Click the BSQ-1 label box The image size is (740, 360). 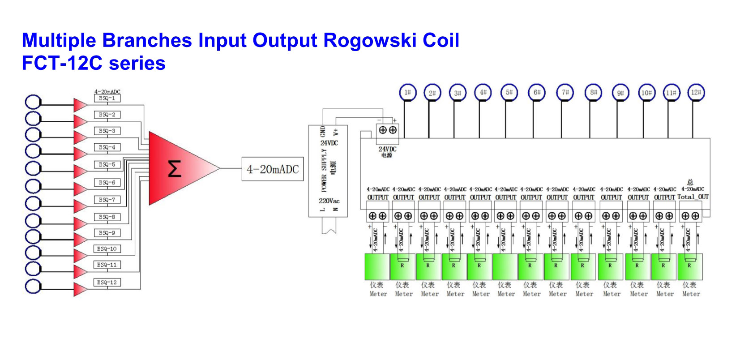(x=107, y=98)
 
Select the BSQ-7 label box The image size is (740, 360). (x=107, y=200)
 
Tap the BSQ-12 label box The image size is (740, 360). (x=107, y=282)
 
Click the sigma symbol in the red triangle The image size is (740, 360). (x=174, y=169)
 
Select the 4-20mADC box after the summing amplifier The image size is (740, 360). (x=272, y=169)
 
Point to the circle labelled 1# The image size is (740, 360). (x=407, y=93)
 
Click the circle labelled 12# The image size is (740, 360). (x=696, y=93)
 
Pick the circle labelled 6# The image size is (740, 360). (x=537, y=93)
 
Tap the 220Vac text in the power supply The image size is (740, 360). (x=329, y=201)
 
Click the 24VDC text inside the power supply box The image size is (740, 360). (x=329, y=143)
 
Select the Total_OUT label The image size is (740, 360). (x=693, y=197)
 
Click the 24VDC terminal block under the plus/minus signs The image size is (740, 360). (x=388, y=130)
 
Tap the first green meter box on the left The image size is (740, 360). (x=377, y=266)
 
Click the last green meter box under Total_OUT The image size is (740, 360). (x=690, y=266)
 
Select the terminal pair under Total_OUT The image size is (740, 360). (x=690, y=216)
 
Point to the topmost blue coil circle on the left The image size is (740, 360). (x=33, y=102)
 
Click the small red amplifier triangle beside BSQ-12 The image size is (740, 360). (x=80, y=289)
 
